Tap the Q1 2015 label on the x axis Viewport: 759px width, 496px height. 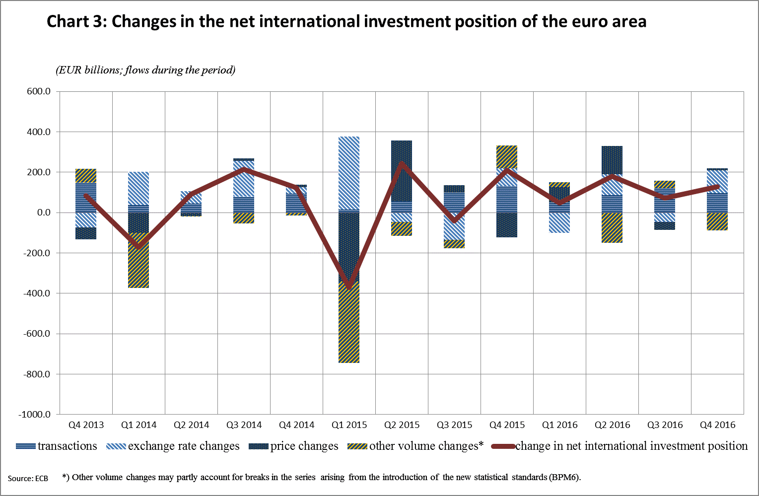(x=349, y=425)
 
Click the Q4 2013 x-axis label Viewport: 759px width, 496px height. (x=86, y=425)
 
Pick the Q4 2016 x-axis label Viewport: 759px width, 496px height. (x=718, y=425)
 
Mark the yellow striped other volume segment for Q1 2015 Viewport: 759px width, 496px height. (x=349, y=323)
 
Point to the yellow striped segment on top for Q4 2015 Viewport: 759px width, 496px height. (x=507, y=156)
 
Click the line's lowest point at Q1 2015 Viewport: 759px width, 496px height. (x=349, y=287)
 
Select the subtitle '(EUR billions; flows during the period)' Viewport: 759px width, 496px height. (x=145, y=70)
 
